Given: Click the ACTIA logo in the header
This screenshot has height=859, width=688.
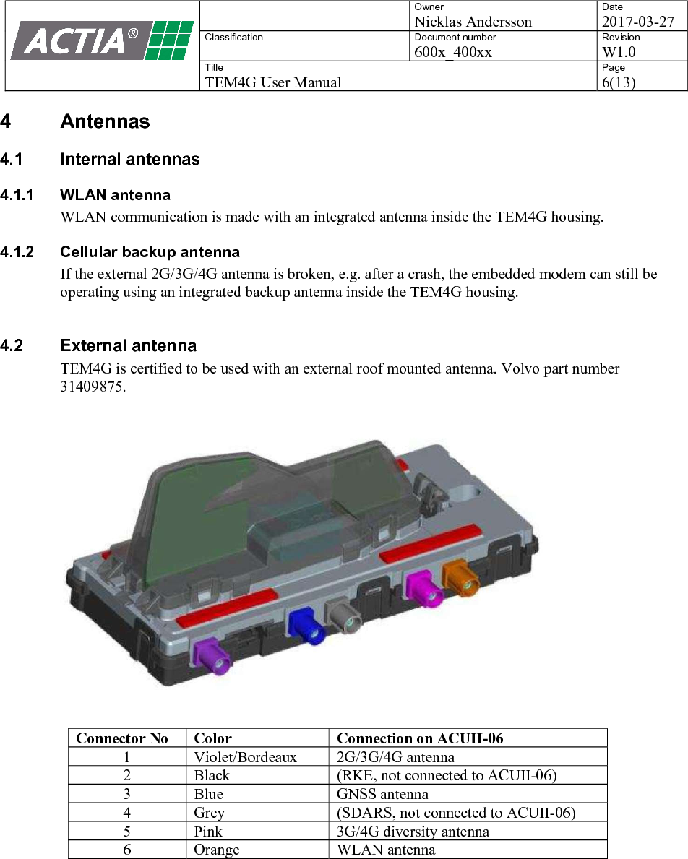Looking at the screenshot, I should [101, 40].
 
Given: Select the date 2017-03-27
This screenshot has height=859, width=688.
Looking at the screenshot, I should [637, 22].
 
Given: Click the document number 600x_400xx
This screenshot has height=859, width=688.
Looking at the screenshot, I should [453, 52].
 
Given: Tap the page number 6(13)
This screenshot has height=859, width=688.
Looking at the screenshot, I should [619, 82].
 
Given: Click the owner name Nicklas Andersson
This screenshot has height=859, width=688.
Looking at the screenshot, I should [473, 22].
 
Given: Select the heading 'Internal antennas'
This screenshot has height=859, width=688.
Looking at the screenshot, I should [130, 159].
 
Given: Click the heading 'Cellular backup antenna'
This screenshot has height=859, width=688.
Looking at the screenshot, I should [150, 252].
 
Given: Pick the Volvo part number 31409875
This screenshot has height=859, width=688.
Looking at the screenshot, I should [93, 387].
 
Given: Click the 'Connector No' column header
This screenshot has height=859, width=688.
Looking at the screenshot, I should [122, 738].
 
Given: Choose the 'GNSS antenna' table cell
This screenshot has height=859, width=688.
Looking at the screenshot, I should [382, 794].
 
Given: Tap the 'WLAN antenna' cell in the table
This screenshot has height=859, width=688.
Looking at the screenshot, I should [386, 850].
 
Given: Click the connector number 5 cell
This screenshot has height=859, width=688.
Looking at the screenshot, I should [127, 832].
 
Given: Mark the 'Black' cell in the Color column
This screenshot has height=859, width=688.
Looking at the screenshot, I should [211, 776].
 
